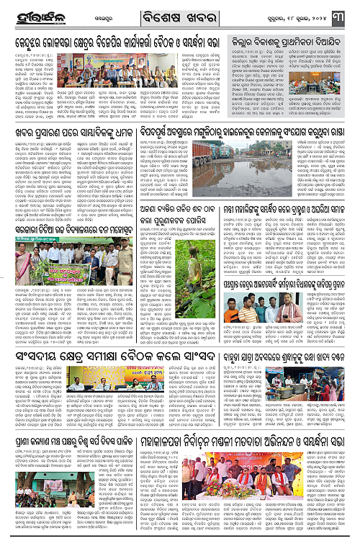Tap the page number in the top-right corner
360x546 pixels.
click(346, 12)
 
